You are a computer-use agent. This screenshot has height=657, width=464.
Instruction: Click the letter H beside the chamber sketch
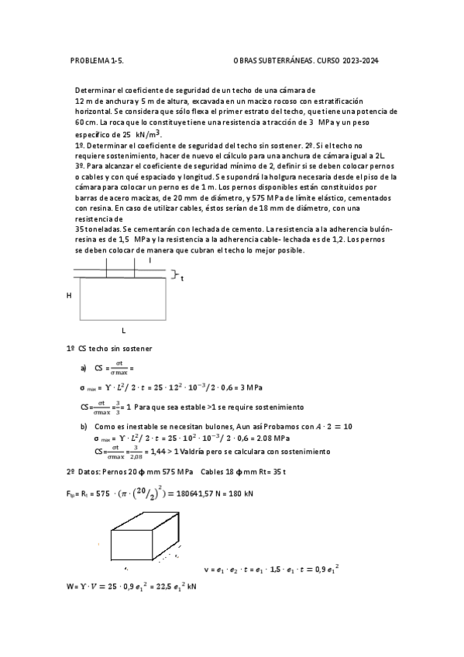pyautogui.click(x=69, y=295)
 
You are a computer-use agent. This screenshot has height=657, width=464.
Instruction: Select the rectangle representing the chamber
pyautogui.click(x=124, y=298)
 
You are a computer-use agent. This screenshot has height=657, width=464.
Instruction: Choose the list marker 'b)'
pyautogui.click(x=84, y=426)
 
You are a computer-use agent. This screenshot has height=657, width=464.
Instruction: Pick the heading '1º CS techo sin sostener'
pyautogui.click(x=109, y=349)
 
